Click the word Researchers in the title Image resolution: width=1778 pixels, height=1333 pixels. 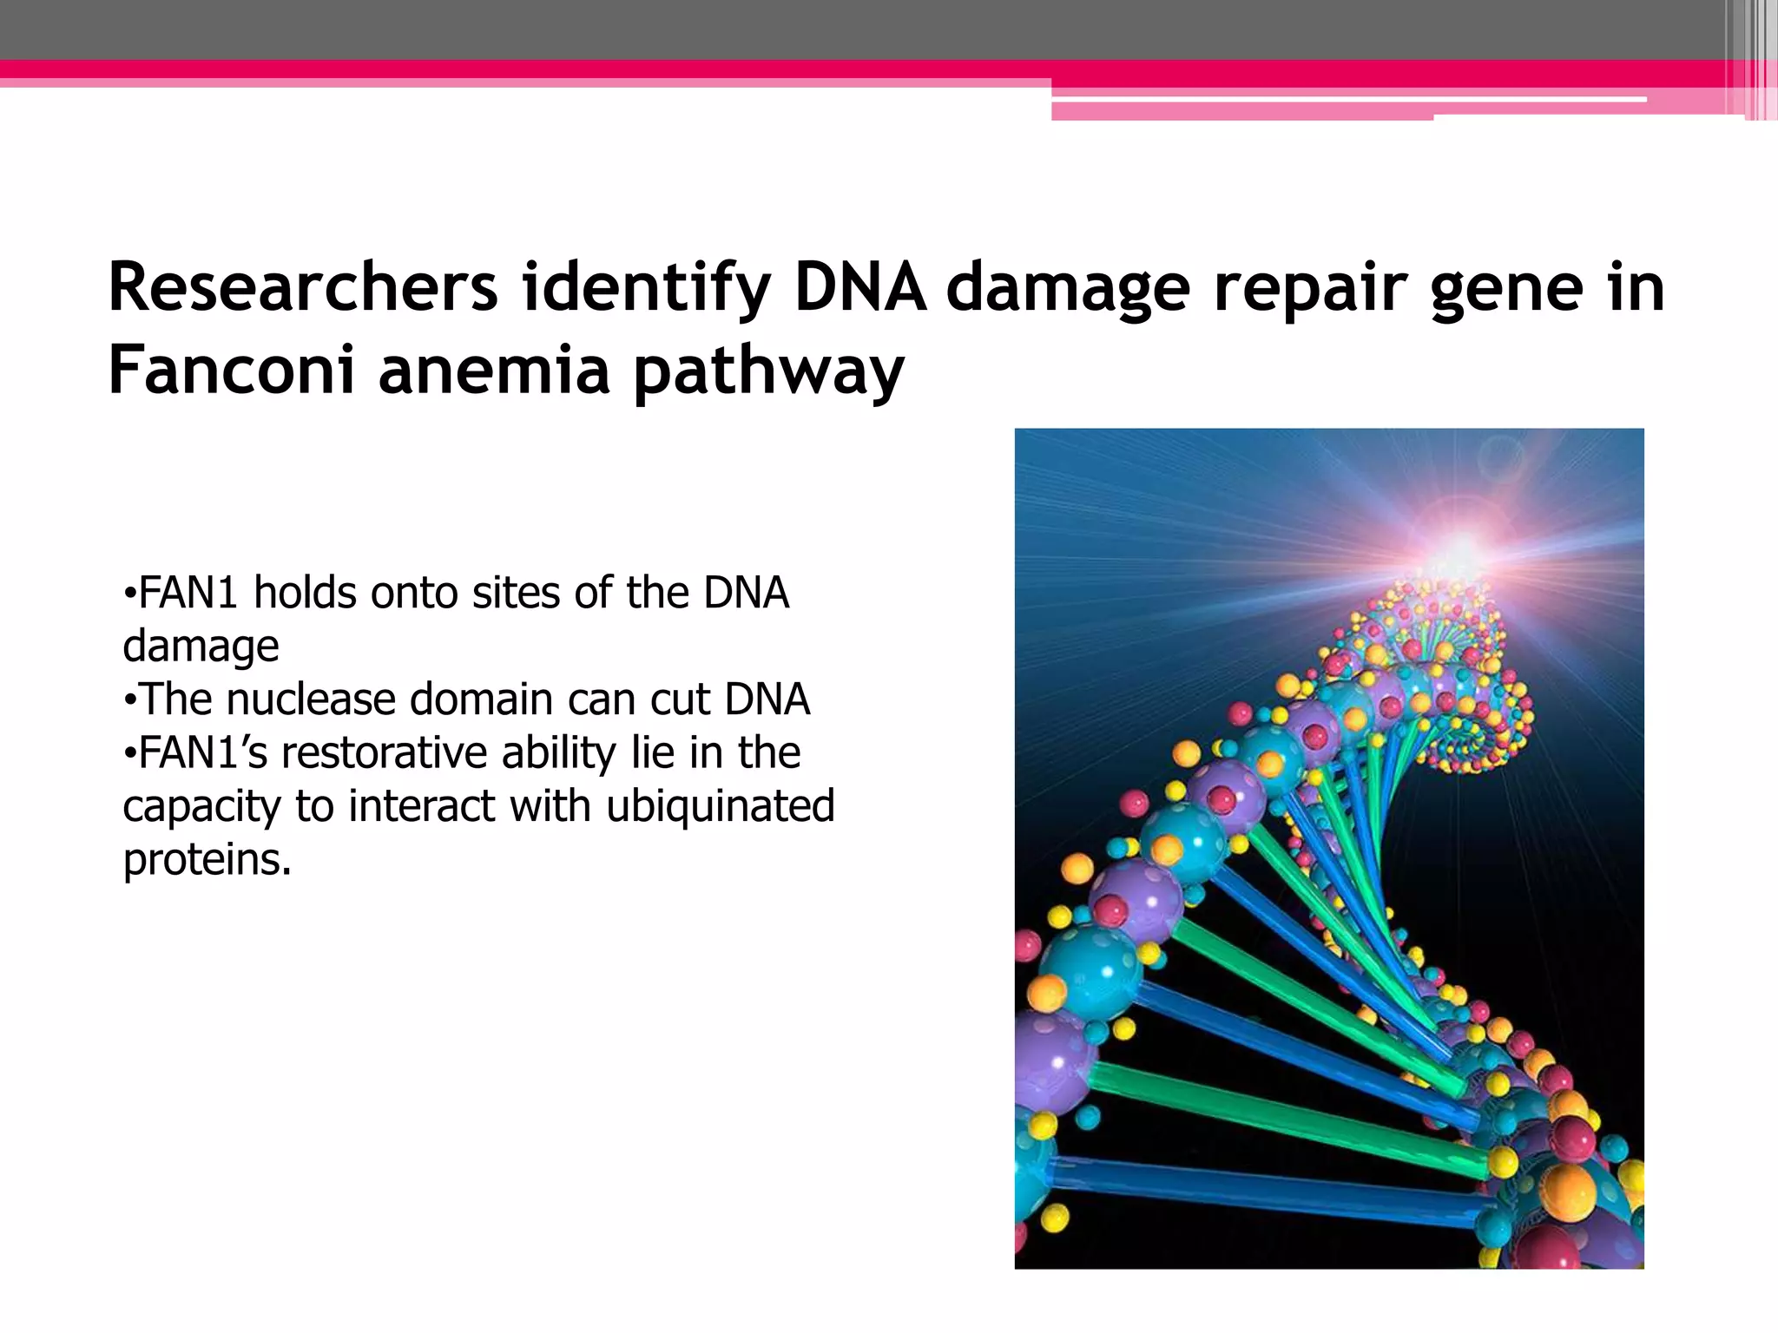tap(302, 287)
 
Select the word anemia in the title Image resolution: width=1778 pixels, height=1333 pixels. tap(494, 370)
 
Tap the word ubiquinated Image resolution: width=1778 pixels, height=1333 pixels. tap(720, 807)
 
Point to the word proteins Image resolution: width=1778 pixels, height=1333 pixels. tap(207, 860)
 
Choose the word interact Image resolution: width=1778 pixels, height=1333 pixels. tap(422, 806)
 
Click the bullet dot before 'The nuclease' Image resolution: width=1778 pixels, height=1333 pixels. tap(129, 700)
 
